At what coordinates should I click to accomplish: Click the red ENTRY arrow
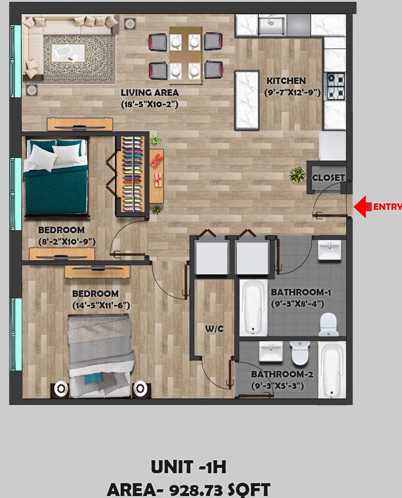tap(363, 206)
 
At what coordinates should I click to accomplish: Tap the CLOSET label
tap(328, 178)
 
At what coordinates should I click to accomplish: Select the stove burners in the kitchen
tap(335, 86)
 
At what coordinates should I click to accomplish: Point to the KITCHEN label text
tap(286, 81)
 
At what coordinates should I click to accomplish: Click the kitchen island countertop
tap(247, 100)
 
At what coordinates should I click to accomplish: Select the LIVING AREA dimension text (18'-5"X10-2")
tap(150, 104)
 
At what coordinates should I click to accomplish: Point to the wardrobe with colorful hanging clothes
tap(132, 174)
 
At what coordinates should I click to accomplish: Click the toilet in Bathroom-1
tap(329, 324)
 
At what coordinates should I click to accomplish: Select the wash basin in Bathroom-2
tap(271, 351)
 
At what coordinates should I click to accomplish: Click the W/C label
tap(214, 329)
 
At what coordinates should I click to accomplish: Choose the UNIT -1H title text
tap(188, 467)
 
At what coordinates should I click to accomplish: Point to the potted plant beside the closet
tap(298, 174)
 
